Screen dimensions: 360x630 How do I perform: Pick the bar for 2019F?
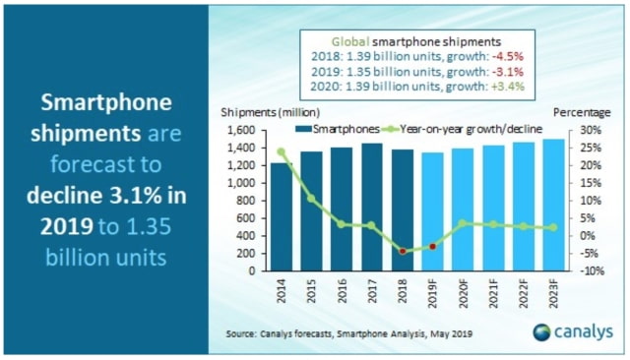433,211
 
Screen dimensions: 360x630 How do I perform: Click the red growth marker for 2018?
403,252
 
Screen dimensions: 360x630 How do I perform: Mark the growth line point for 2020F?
464,223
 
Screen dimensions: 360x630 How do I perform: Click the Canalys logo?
573,331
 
